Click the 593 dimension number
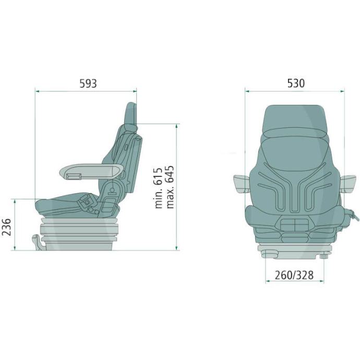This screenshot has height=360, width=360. click(x=88, y=83)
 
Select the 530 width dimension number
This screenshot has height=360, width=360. click(x=296, y=83)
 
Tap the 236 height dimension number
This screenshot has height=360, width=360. click(x=6, y=227)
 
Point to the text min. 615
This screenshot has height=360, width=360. click(x=159, y=188)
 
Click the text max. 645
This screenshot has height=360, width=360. click(x=170, y=187)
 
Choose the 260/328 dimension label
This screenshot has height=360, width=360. click(x=294, y=275)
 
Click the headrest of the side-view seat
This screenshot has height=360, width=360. click(x=131, y=114)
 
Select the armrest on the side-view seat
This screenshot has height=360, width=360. click(x=91, y=171)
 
